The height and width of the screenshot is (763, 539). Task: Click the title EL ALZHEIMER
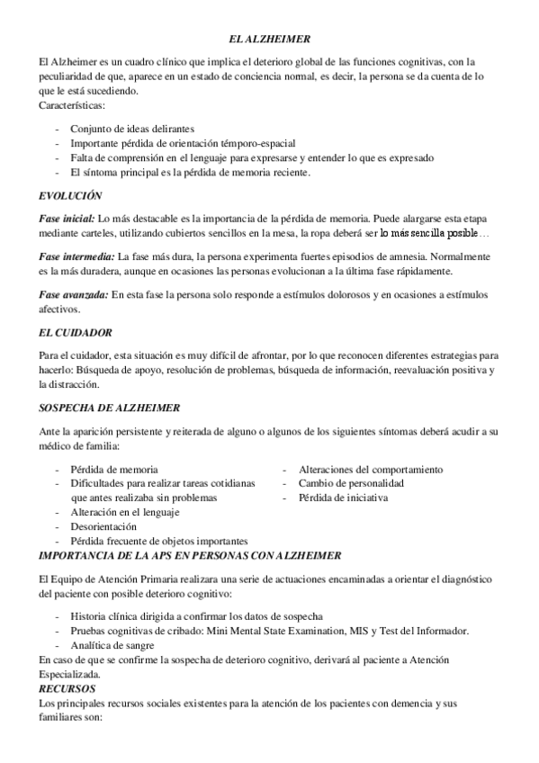tap(270, 40)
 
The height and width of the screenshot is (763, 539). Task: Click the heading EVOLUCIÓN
tap(70, 195)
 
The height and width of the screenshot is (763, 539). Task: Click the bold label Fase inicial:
tap(67, 218)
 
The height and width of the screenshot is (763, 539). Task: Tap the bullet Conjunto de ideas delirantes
tap(132, 129)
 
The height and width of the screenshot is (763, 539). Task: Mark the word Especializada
tap(71, 674)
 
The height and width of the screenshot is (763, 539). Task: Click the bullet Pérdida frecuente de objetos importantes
tap(159, 541)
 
